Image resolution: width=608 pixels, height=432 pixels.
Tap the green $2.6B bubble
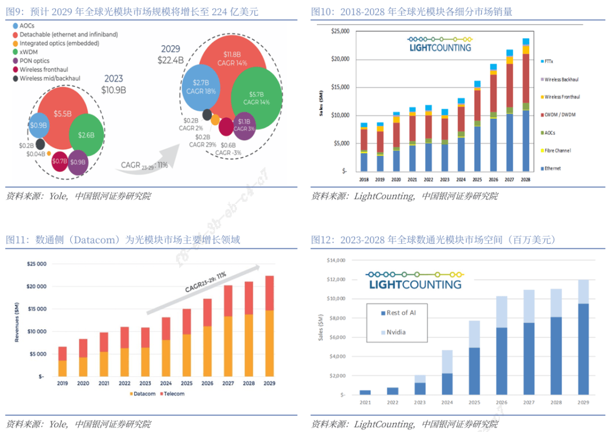(86, 135)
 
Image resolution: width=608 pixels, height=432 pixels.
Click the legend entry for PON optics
(34, 61)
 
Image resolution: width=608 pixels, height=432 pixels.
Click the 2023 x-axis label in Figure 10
(444, 179)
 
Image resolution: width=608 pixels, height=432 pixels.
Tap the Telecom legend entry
(171, 394)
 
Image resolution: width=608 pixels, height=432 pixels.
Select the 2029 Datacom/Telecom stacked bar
(269, 326)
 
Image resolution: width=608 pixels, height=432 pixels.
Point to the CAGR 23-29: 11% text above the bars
(205, 282)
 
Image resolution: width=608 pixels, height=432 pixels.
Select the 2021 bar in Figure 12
(365, 392)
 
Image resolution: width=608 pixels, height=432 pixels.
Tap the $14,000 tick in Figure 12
(337, 260)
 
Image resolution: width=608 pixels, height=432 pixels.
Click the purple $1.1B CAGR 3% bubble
(244, 124)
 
